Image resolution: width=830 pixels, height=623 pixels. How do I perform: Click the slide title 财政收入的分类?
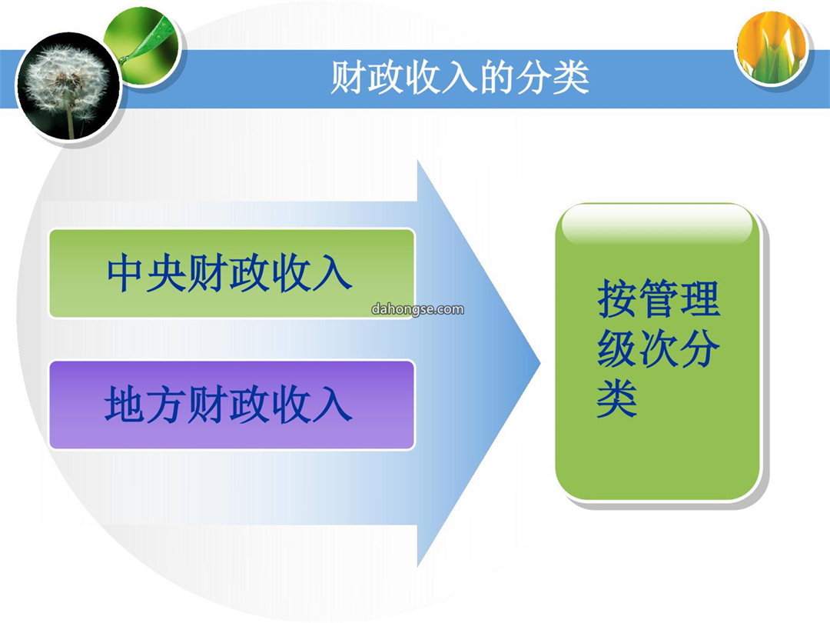[x=460, y=78]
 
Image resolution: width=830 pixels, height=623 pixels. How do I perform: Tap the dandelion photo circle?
[x=68, y=86]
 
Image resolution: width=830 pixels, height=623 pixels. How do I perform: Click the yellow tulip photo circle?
[x=772, y=48]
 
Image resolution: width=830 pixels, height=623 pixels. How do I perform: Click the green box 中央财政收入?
[x=231, y=273]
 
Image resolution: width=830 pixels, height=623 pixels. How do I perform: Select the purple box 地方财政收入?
[x=231, y=405]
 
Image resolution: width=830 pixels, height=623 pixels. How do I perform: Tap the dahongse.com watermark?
[x=417, y=309]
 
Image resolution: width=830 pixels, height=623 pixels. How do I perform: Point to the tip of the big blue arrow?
[x=540, y=363]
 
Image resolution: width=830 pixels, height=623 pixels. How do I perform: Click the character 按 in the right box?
[x=616, y=298]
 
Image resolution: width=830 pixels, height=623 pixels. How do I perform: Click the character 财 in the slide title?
[x=348, y=78]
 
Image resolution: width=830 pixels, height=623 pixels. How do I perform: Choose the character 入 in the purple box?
[x=333, y=405]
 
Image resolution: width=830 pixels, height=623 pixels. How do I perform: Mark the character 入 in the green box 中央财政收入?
[x=333, y=273]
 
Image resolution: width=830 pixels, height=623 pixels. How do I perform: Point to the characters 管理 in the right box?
[x=679, y=298]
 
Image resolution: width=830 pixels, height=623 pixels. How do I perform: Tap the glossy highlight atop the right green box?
[x=657, y=225]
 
